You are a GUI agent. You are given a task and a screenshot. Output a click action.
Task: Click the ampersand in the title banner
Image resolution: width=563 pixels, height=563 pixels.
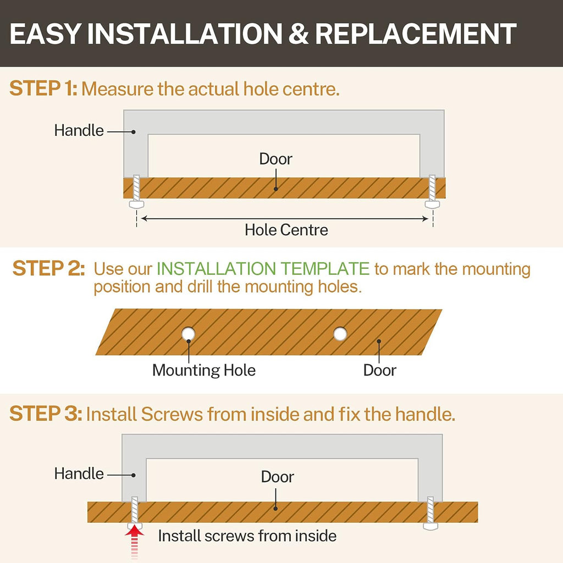point(298,34)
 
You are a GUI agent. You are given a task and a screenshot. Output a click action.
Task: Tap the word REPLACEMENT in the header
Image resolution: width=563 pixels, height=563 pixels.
point(416,34)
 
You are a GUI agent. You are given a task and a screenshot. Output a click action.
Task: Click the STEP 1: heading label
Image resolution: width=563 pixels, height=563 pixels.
point(43,89)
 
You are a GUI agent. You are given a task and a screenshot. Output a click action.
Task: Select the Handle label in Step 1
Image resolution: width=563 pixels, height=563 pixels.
point(79,130)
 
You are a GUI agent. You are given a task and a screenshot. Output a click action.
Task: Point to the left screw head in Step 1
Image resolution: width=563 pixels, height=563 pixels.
point(136,205)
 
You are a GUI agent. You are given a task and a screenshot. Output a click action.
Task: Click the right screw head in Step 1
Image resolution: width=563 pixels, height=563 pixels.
point(432,205)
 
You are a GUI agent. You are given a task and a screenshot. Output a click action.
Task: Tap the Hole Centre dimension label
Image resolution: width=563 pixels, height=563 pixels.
point(286,230)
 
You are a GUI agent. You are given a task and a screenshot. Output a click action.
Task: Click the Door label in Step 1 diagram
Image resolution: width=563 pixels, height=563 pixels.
point(276,159)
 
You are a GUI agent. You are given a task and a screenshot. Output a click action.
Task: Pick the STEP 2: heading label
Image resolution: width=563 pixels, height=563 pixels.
point(48,268)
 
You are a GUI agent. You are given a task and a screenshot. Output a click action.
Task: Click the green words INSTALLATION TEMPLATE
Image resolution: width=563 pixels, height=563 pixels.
point(263,268)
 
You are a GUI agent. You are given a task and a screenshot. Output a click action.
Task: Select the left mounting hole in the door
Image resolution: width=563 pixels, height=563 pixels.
point(188,334)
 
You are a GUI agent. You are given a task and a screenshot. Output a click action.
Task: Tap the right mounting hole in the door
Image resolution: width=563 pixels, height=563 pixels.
point(340,334)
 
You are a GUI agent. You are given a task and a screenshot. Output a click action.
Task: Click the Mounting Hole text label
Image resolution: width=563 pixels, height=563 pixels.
point(203,370)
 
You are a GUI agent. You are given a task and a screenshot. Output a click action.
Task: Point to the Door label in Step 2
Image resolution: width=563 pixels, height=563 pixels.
point(379,370)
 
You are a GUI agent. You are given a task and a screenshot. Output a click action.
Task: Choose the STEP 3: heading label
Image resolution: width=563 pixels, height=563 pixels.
point(46,413)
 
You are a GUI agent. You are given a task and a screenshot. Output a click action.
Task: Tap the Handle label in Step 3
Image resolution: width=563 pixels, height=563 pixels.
point(79,473)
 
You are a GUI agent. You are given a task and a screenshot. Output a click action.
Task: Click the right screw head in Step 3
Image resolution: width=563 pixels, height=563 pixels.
point(430,526)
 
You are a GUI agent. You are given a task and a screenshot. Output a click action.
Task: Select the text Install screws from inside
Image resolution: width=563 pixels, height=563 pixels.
point(247,536)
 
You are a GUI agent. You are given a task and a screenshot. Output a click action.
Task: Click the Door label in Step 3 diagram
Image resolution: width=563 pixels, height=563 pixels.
point(277,477)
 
